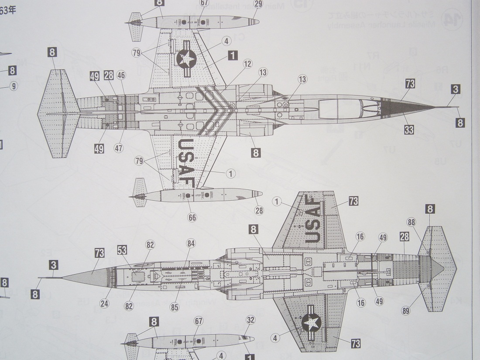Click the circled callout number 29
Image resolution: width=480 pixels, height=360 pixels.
258,4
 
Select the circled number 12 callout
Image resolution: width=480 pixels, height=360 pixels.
248,64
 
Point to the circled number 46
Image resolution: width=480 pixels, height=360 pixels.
121,75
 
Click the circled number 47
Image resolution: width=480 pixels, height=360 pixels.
119,147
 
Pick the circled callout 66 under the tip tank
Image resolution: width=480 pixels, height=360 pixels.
192,217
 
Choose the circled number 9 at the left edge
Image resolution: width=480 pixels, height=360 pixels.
14,86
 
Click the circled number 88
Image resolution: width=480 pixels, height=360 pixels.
411,222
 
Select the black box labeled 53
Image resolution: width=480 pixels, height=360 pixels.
122,250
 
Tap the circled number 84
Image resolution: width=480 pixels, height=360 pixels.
191,243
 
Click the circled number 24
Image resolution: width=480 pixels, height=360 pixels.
103,303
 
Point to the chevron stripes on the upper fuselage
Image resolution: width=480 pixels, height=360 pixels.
212,109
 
